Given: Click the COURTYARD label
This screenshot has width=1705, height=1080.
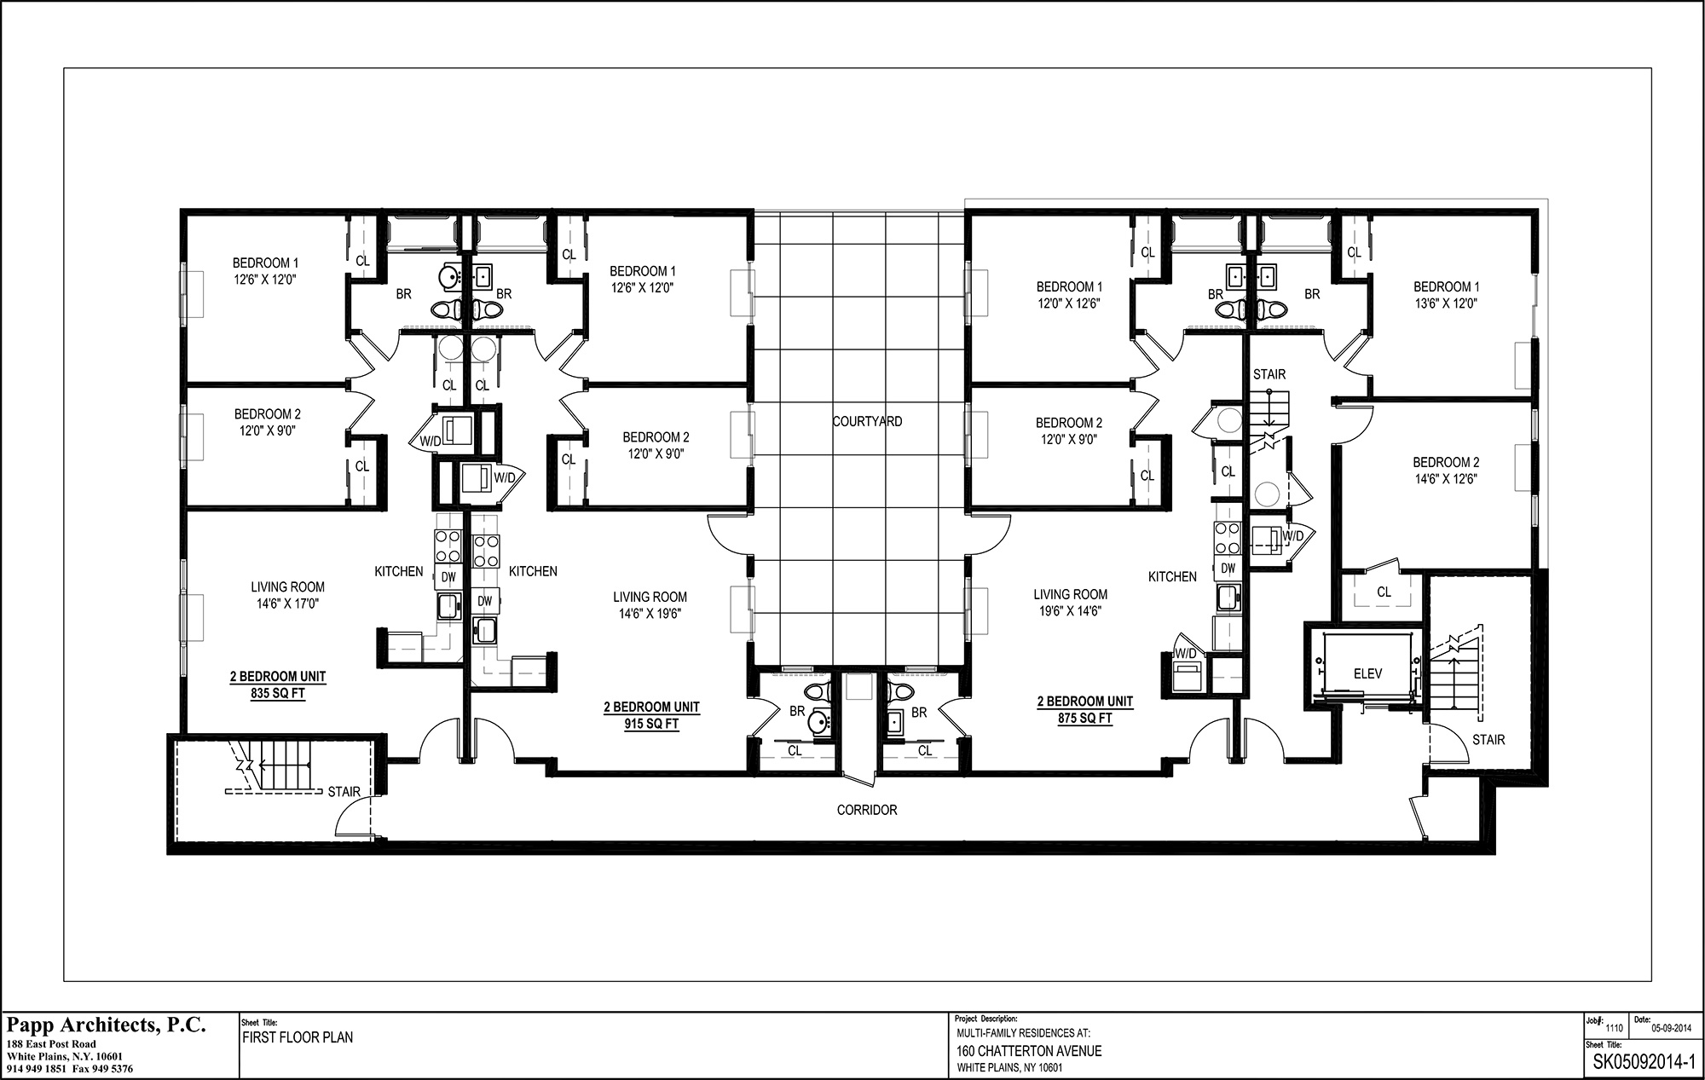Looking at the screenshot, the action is point(867,421).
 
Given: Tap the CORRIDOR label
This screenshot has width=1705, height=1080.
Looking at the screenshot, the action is point(867,810).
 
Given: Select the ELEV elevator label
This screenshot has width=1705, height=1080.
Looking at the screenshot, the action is point(1367,673).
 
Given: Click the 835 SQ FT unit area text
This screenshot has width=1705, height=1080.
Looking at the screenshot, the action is point(278,694).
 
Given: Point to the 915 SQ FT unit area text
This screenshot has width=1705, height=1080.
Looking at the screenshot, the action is point(652,725).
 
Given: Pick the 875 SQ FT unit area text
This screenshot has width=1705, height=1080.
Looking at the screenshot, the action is point(1085,719).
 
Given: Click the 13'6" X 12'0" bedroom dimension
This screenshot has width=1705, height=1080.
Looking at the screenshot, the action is point(1447,303).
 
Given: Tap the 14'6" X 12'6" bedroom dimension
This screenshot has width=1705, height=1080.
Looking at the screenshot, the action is point(1447,479).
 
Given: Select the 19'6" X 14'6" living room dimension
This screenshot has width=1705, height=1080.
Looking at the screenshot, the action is point(1071,611).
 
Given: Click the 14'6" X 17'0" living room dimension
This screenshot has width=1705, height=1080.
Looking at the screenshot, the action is point(287,604).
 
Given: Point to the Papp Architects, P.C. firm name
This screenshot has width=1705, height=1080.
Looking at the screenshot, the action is point(107,1025).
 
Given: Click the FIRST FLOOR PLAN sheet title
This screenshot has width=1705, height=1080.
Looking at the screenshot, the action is point(298,1037).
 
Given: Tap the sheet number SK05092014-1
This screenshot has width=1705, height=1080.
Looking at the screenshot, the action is point(1641,1062).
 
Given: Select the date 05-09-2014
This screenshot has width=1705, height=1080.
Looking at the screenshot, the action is point(1671,1028).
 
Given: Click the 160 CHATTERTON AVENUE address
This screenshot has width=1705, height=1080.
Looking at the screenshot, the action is point(1029,1051).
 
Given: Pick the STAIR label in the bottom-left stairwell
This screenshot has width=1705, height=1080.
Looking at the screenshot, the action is point(344,792).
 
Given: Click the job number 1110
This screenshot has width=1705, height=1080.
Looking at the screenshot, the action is point(1614,1028).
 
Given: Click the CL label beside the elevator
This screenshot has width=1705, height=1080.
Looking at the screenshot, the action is point(1384,592).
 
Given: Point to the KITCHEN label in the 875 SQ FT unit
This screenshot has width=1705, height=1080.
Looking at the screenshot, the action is point(1172,577).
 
